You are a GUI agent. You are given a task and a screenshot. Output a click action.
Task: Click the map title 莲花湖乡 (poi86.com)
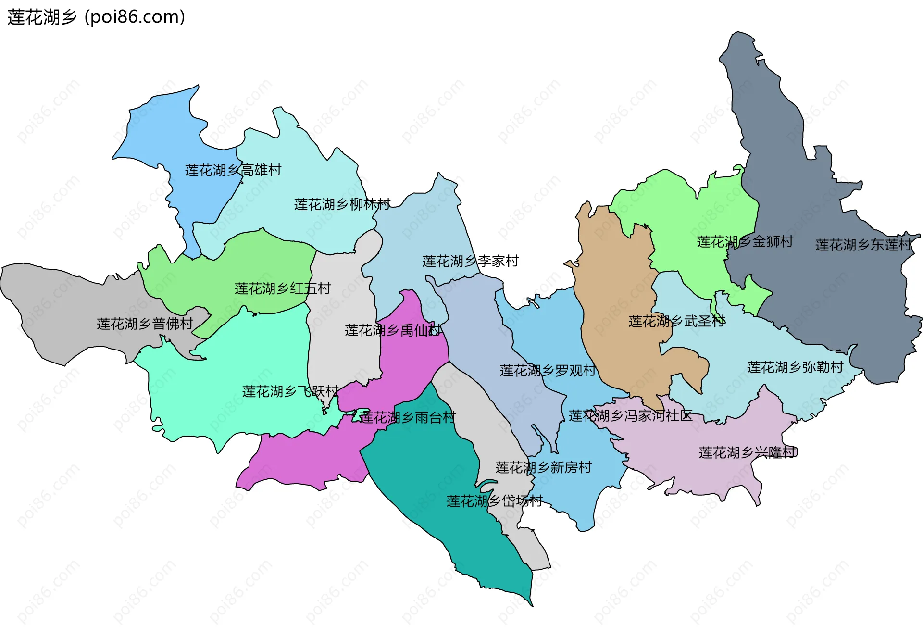pyautogui.click(x=96, y=17)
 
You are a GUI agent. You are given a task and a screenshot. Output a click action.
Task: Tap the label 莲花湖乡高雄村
pyautogui.click(x=233, y=170)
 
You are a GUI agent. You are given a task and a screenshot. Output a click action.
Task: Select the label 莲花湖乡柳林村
pyautogui.click(x=342, y=204)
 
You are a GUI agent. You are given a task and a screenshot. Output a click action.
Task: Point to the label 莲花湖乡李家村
pyautogui.click(x=470, y=261)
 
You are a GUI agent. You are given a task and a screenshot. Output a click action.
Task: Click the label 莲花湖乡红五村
pyautogui.click(x=283, y=288)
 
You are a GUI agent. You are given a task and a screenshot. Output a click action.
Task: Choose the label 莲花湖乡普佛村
pyautogui.click(x=145, y=324)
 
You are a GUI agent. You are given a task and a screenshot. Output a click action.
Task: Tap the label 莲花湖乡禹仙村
pyautogui.click(x=393, y=330)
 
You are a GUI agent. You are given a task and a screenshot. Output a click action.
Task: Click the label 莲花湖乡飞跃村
pyautogui.click(x=290, y=391)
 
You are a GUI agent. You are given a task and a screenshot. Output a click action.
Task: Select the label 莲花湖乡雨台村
pyautogui.click(x=408, y=417)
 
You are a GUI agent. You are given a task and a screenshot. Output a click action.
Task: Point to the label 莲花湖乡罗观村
pyautogui.click(x=548, y=371)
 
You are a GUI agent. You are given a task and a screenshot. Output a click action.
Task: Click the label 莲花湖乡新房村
pyautogui.click(x=543, y=467)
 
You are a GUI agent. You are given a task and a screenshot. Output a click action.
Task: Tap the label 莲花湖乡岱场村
pyautogui.click(x=494, y=501)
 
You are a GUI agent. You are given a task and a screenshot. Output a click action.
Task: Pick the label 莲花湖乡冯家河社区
pyautogui.click(x=630, y=416)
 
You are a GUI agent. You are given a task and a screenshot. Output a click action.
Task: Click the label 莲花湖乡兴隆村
pyautogui.click(x=748, y=452)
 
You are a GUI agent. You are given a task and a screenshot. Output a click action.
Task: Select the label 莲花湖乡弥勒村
pyautogui.click(x=795, y=367)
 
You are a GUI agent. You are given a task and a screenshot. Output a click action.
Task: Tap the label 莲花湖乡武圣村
pyautogui.click(x=677, y=321)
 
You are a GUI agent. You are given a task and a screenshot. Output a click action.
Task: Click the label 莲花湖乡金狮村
pyautogui.click(x=745, y=242)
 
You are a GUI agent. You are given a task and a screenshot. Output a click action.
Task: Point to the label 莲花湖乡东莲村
pyautogui.click(x=863, y=245)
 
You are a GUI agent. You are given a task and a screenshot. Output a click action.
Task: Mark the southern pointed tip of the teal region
pyautogui.click(x=532, y=605)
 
